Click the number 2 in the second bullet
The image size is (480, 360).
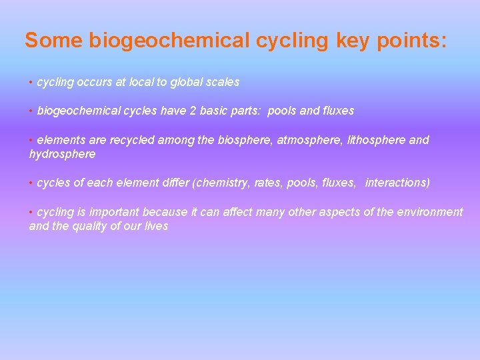[x=193, y=111]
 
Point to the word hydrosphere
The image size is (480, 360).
[x=63, y=154]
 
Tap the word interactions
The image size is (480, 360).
[x=397, y=183]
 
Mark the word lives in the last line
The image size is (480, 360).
[x=157, y=226]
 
